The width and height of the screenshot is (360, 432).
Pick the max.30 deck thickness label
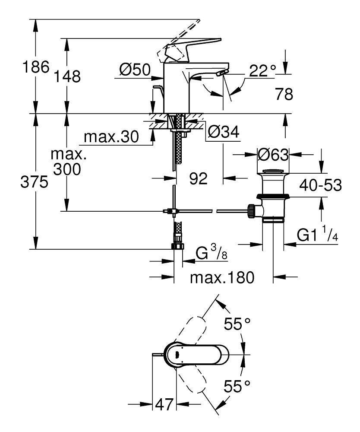point(111,137)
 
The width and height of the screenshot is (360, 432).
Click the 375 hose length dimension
point(35,183)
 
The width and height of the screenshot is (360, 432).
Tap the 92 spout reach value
point(199,178)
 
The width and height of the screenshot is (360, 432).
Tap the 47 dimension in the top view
point(164,405)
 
